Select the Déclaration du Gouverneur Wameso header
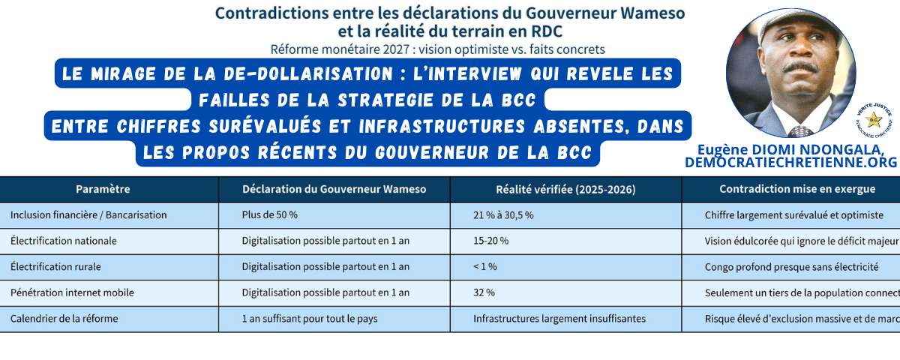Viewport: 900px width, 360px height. click(334, 190)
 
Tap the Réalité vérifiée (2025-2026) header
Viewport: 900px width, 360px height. click(565, 190)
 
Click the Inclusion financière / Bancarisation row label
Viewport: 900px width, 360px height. click(88, 215)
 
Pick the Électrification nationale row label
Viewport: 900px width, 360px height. click(64, 241)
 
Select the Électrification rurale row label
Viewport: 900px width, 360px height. click(55, 266)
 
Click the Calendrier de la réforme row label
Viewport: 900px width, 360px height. click(64, 318)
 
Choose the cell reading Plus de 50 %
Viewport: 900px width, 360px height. click(270, 215)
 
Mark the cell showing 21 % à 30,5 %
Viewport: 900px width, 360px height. click(503, 215)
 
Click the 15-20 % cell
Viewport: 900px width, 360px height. click(491, 241)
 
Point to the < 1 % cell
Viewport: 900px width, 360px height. click(485, 266)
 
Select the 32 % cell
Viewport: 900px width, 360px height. click(484, 292)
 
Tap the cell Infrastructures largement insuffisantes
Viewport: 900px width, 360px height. click(559, 318)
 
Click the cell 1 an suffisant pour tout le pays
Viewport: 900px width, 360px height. click(310, 318)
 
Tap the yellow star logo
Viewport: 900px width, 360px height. click(873, 120)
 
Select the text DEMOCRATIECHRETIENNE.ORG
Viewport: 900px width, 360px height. click(791, 163)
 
